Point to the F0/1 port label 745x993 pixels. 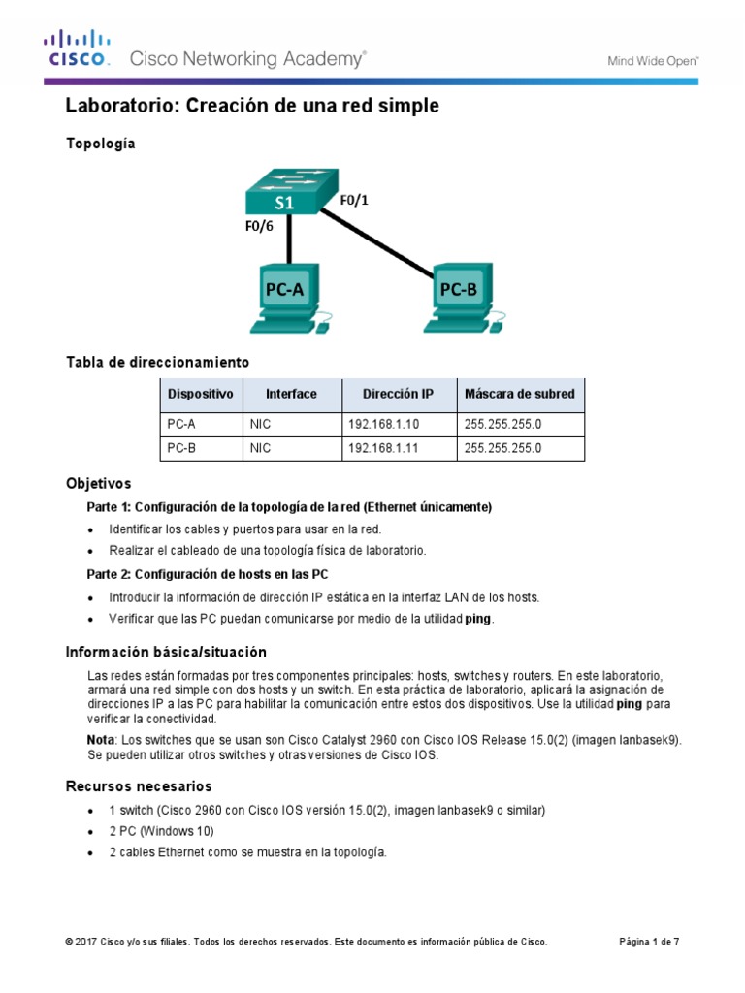[x=355, y=201]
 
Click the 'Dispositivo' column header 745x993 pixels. [x=200, y=394]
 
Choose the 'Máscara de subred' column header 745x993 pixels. [x=519, y=394]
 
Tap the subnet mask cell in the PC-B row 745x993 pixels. [x=502, y=448]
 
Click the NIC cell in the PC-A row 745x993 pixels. [x=260, y=424]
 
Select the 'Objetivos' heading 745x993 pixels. [x=98, y=483]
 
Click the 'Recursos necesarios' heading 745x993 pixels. [x=138, y=785]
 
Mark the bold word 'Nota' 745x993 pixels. [x=101, y=740]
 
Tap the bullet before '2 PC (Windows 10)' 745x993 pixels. [x=90, y=832]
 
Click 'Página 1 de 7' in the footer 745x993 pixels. [x=649, y=941]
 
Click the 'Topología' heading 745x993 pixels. [x=101, y=144]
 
